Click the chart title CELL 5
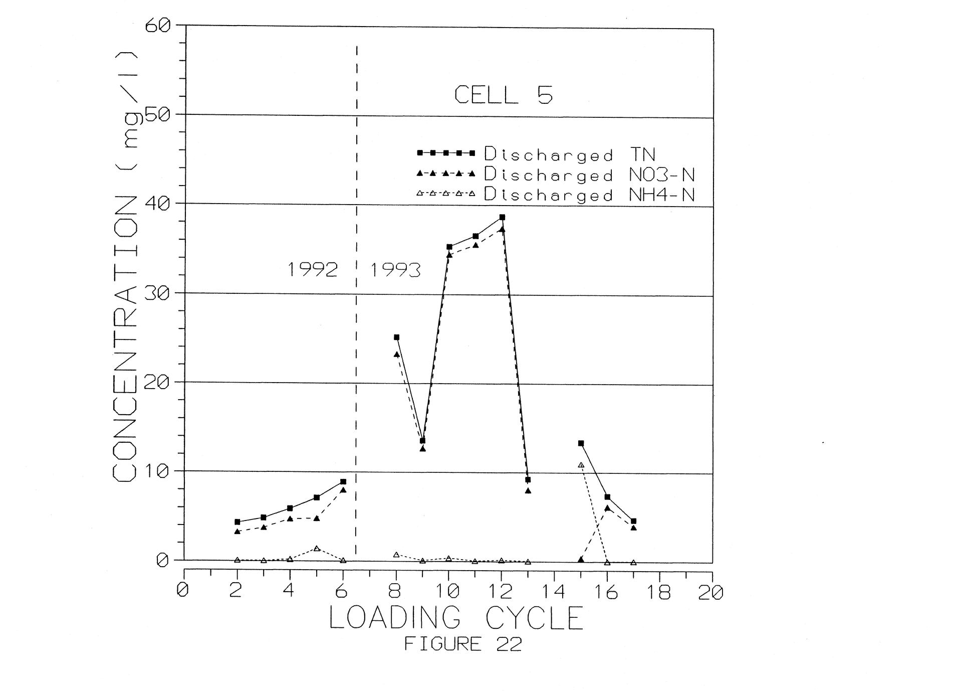tap(503, 95)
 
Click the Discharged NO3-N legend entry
tap(556, 174)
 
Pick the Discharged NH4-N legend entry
tap(556, 194)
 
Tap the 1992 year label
tap(312, 270)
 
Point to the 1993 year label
tap(395, 271)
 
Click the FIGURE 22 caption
tap(463, 644)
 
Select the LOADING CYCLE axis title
tap(456, 618)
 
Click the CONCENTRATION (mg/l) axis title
tap(124, 266)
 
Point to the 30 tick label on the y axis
tap(157, 293)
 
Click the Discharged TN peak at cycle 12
tap(502, 217)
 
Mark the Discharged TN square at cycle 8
tap(396, 337)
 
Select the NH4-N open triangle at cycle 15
tap(581, 465)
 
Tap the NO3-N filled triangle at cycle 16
tap(607, 508)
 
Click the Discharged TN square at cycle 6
tap(343, 481)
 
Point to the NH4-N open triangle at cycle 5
tap(317, 549)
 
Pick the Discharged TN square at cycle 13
tap(528, 480)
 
